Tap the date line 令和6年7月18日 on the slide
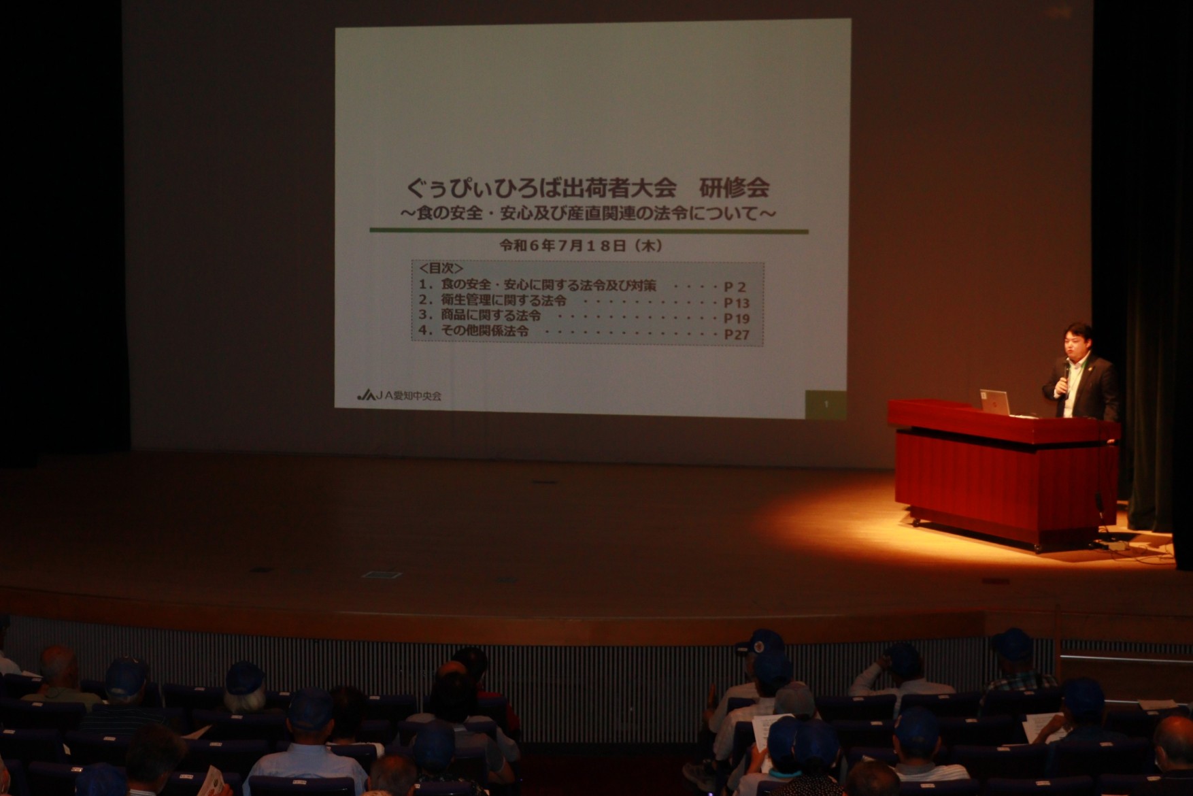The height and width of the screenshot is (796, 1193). (x=581, y=246)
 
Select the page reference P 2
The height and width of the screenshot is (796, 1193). (x=734, y=286)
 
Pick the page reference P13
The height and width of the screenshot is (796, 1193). (x=736, y=303)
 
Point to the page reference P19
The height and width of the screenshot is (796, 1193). (x=736, y=318)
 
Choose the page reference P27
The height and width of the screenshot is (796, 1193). (x=736, y=334)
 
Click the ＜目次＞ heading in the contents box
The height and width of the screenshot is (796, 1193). (x=441, y=269)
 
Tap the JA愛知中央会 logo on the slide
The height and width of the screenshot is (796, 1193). (x=399, y=395)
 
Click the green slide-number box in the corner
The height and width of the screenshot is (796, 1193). (x=826, y=404)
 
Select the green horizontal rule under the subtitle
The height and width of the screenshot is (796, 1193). (x=589, y=231)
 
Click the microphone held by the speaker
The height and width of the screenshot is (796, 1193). (x=1066, y=374)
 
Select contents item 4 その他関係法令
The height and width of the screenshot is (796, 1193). (x=474, y=331)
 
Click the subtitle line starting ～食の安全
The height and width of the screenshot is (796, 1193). (x=589, y=213)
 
